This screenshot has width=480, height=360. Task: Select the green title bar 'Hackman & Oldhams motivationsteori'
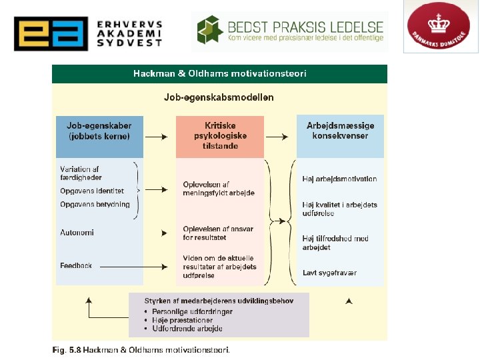click(x=219, y=73)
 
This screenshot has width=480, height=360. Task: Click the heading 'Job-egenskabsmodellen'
click(x=219, y=97)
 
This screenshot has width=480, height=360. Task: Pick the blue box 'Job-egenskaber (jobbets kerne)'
click(x=99, y=131)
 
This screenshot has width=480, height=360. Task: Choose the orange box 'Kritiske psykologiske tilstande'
click(x=219, y=135)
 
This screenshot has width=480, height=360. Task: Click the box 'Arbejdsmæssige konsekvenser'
click(x=340, y=131)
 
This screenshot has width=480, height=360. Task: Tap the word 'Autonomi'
click(x=77, y=233)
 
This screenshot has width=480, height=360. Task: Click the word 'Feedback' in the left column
click(x=75, y=265)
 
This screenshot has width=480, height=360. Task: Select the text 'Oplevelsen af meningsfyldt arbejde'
click(x=219, y=189)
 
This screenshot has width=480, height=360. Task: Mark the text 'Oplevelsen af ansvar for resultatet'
click(x=218, y=233)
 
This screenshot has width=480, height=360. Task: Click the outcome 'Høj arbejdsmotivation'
click(x=339, y=179)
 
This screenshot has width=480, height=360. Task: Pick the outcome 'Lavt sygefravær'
click(x=329, y=273)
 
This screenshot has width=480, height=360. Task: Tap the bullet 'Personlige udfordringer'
click(x=191, y=311)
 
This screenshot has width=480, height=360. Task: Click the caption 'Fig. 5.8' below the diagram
click(x=65, y=349)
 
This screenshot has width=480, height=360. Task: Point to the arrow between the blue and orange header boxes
click(x=155, y=137)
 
